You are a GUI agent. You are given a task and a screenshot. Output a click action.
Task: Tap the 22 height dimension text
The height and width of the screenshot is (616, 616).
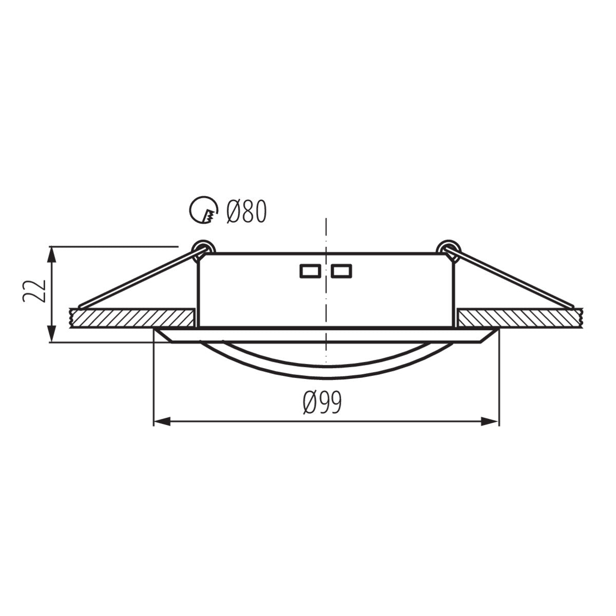pyautogui.click(x=34, y=291)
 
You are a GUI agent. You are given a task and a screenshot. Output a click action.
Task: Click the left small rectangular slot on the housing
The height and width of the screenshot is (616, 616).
pyautogui.click(x=310, y=271)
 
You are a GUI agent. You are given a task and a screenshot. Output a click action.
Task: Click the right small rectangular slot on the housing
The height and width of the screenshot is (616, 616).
pyautogui.click(x=341, y=271)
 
